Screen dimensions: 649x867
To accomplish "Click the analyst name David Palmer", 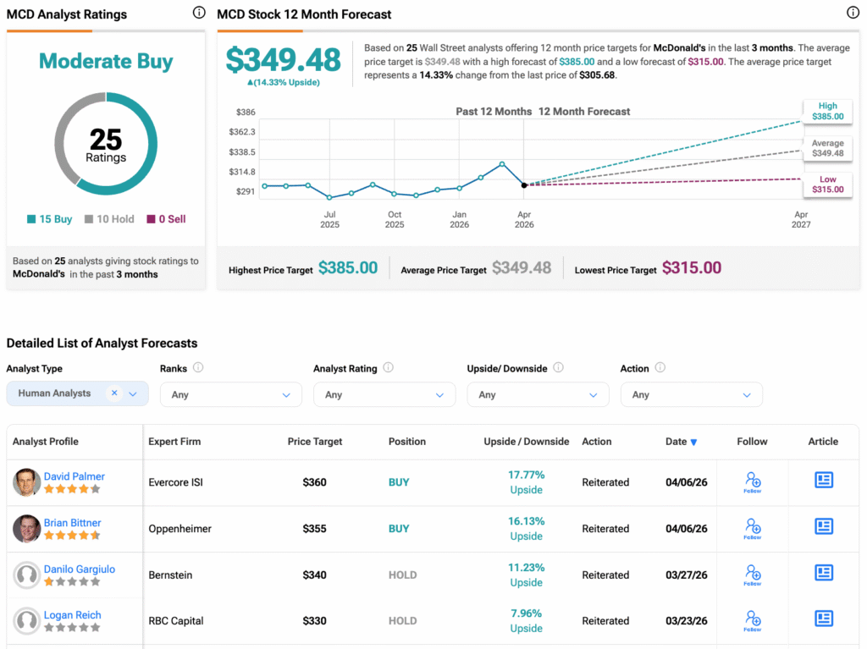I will [75, 476].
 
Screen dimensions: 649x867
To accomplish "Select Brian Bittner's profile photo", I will [27, 529].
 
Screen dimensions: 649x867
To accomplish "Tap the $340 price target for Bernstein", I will [315, 575].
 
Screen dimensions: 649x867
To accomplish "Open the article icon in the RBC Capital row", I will [823, 619].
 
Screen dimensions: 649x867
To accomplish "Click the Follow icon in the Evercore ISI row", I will [752, 482].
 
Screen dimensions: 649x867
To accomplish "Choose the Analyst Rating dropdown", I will [383, 394].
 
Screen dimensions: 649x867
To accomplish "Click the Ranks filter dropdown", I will [229, 394].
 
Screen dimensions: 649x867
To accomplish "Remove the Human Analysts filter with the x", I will [114, 393].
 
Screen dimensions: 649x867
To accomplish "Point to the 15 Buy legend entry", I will [50, 219].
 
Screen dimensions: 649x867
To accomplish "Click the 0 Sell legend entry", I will [166, 219].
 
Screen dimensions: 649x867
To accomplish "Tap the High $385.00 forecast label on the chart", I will [827, 112].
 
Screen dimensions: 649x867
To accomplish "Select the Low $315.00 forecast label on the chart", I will [827, 184].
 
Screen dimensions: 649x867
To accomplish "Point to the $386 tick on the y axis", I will [245, 112].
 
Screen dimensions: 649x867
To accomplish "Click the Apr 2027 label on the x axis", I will [800, 220].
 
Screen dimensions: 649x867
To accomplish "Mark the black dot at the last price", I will [524, 185].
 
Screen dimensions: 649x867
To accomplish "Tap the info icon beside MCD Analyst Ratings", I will [199, 14].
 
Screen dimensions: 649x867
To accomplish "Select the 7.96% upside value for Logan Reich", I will [526, 613].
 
